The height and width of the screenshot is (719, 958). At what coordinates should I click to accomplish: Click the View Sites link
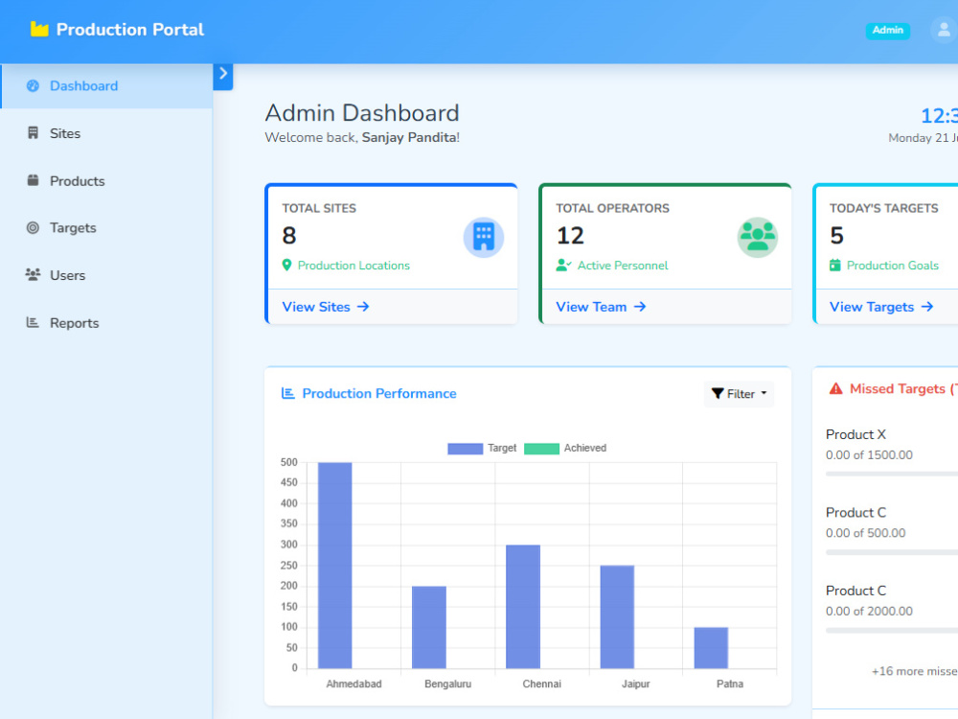click(x=326, y=307)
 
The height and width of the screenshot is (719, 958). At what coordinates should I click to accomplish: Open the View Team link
click(x=601, y=307)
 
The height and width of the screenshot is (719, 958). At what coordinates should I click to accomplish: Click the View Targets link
click(x=881, y=307)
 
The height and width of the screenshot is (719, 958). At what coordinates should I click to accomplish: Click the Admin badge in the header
click(x=887, y=30)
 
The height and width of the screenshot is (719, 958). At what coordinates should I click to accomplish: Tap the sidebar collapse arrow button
click(x=223, y=76)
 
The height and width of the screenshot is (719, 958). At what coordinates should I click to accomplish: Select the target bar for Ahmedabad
click(x=334, y=565)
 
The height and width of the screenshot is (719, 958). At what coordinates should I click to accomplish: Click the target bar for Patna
click(x=711, y=647)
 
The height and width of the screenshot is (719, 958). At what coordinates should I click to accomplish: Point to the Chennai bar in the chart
click(x=523, y=607)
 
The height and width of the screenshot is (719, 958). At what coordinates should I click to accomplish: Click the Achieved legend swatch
click(x=541, y=448)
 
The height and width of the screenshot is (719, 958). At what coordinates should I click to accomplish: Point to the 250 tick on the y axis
click(x=288, y=565)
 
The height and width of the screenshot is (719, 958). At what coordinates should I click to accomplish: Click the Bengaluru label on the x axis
click(x=447, y=684)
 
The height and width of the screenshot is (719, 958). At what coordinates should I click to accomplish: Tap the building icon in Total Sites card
click(x=483, y=237)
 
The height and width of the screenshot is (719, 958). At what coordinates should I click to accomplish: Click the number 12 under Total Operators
click(x=570, y=236)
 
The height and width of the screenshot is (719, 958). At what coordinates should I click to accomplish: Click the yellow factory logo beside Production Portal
click(x=39, y=29)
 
